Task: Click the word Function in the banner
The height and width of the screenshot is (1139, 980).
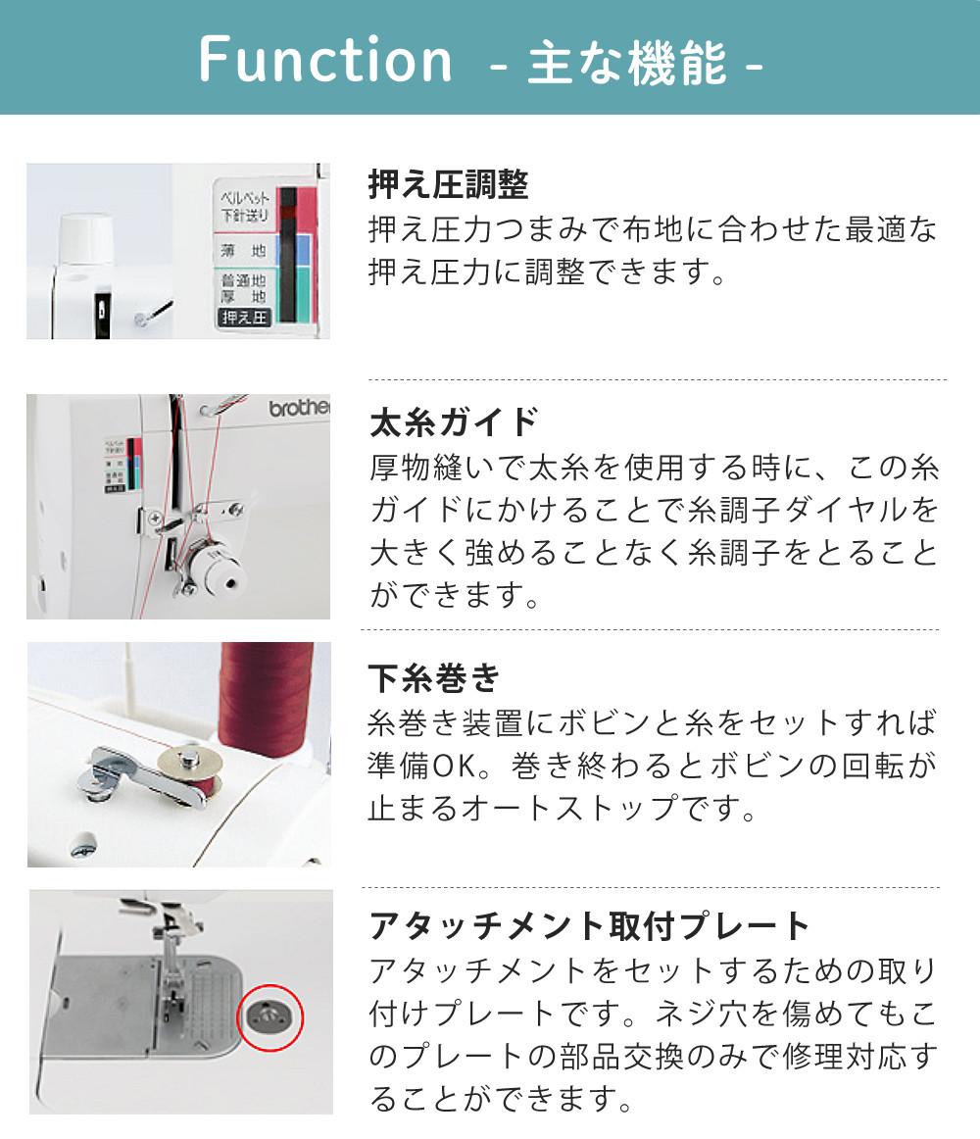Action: [x=324, y=59]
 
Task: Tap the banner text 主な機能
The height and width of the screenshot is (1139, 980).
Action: [x=626, y=63]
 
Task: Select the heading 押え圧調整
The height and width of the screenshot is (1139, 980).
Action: [x=448, y=184]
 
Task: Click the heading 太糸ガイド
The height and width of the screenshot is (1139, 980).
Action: [x=454, y=422]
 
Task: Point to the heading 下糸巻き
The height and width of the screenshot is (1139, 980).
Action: [x=434, y=678]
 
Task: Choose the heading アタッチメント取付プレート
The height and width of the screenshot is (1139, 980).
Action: [x=588, y=925]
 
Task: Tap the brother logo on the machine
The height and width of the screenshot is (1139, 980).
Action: [x=299, y=408]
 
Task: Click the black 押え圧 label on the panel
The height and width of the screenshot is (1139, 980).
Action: [x=244, y=318]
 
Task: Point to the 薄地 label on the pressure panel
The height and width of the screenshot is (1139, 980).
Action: [x=243, y=251]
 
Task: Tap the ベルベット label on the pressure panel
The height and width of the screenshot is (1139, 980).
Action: [x=245, y=198]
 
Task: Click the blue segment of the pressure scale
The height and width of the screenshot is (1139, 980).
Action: [x=304, y=251]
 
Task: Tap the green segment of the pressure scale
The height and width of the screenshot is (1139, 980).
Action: [x=304, y=294]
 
